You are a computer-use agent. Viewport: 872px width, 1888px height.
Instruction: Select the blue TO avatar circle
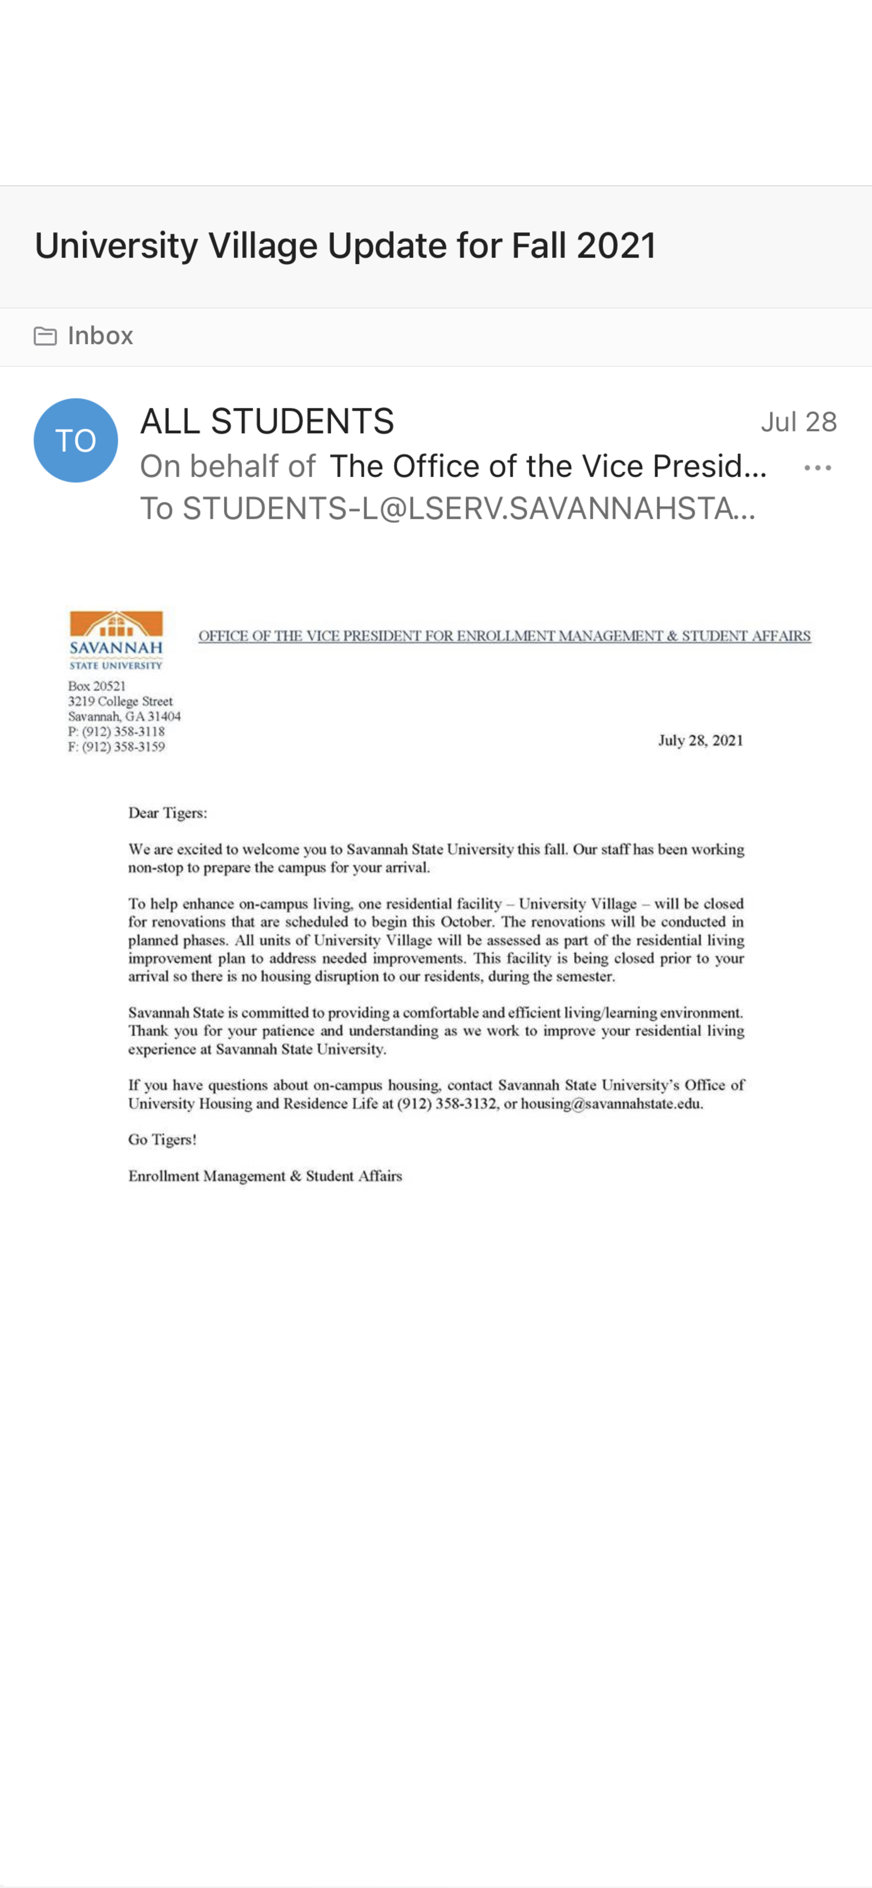coord(75,440)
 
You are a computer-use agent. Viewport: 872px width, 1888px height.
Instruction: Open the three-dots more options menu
coord(817,468)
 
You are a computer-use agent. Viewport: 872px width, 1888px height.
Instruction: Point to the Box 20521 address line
coord(97,686)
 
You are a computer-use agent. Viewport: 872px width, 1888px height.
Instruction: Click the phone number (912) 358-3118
coord(123,731)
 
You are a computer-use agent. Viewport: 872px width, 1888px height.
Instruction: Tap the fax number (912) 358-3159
coord(123,747)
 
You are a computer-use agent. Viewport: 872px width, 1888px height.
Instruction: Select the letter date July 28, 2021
coord(701,740)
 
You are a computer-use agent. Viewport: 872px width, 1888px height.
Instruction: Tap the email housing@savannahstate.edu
coord(611,1104)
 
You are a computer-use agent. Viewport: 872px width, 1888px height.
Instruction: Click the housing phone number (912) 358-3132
coord(446,1104)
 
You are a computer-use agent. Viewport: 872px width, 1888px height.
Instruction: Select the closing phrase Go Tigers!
coord(162,1140)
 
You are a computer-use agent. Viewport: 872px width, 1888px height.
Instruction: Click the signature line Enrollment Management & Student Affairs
coord(265,1176)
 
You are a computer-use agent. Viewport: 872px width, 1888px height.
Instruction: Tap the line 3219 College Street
coord(120,701)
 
